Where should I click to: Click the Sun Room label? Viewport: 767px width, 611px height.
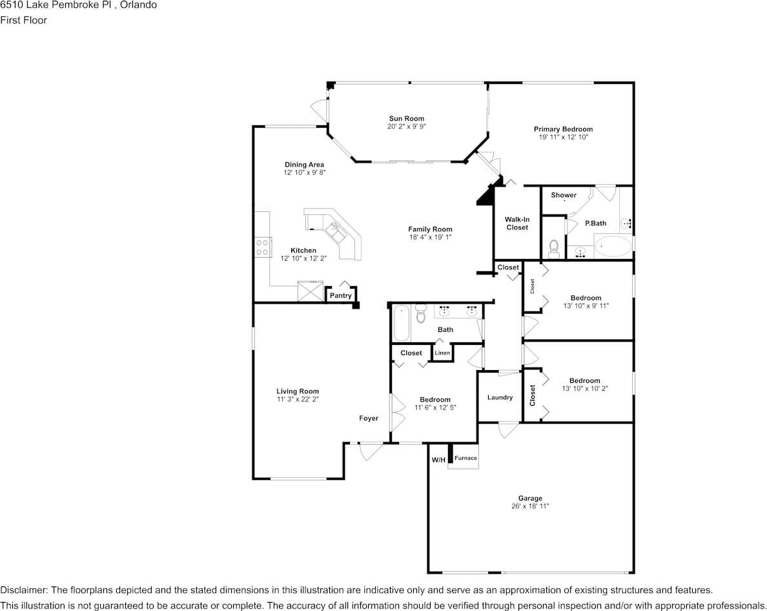pos(406,118)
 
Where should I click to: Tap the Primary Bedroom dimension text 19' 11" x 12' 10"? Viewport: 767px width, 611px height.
pos(562,137)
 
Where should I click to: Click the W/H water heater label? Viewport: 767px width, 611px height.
pos(438,460)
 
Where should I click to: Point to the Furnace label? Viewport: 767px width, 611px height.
pos(465,459)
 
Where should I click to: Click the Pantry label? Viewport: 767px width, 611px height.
pos(341,296)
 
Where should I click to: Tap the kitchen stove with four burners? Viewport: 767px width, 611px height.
pos(262,247)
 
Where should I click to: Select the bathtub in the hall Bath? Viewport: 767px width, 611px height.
pos(401,322)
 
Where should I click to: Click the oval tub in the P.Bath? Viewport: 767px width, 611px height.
pos(613,247)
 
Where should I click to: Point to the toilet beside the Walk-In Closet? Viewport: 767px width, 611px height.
pos(553,249)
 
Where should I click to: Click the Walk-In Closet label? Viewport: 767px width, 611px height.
pos(517,223)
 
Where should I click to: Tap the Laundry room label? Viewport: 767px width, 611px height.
pos(500,397)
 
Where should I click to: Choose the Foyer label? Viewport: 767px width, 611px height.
pos(369,419)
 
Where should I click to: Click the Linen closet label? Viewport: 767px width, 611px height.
pos(442,353)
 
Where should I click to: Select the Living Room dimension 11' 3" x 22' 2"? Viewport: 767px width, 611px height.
pos(298,399)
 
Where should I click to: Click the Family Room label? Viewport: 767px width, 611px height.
pos(430,229)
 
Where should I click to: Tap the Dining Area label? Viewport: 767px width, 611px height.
pos(304,165)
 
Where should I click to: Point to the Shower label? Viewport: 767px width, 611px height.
pos(564,195)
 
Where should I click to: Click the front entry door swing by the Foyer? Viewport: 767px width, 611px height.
pos(371,451)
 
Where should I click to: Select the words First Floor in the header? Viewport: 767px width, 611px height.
pos(23,20)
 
